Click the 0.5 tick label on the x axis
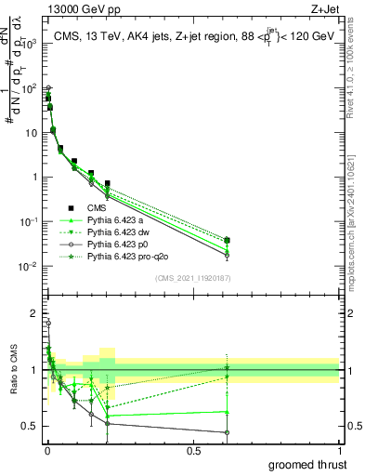(193, 450)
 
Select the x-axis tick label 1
(339, 450)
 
